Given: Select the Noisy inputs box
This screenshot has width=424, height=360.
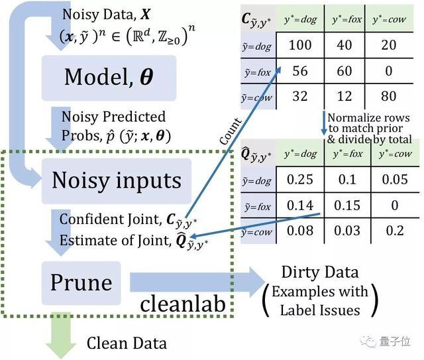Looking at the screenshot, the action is point(116,180).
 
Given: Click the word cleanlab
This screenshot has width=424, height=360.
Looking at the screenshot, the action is point(184,304).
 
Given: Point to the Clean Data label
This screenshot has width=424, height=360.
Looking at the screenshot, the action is point(127,343).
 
